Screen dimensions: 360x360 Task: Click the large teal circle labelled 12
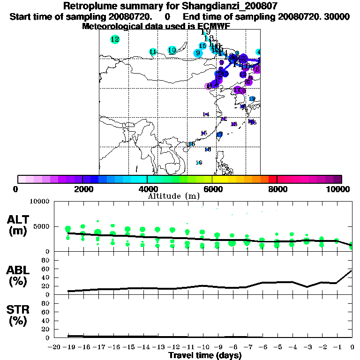(x=115, y=39)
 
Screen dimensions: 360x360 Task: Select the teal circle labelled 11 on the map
(x=153, y=52)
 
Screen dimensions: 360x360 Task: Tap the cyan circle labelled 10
(x=172, y=50)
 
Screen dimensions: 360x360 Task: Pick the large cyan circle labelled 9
(x=198, y=53)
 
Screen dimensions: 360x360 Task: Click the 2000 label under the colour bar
(x=82, y=189)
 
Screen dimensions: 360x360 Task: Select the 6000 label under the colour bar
(x=212, y=189)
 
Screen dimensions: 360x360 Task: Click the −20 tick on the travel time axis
(x=54, y=347)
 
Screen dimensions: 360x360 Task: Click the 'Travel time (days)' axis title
(x=205, y=355)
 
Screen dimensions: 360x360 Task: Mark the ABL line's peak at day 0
(x=352, y=270)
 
